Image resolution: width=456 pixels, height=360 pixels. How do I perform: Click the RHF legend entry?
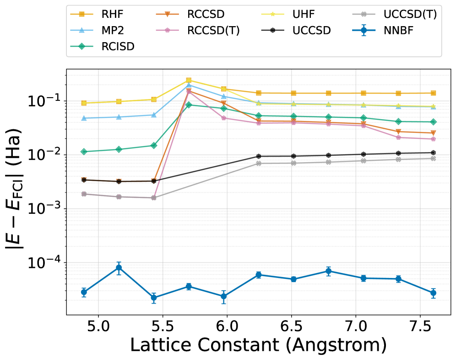coord(101,14)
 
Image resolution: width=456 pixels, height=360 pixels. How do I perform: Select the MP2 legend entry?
coord(101,30)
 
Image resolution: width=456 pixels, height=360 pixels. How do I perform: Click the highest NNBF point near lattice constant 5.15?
coord(119,267)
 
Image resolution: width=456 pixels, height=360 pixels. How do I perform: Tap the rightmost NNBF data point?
coord(433,293)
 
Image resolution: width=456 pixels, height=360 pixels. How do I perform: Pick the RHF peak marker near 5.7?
coord(189,80)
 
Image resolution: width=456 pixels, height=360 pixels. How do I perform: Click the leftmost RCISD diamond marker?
coord(84,152)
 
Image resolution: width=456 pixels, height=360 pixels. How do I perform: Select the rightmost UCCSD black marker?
coord(433,153)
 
